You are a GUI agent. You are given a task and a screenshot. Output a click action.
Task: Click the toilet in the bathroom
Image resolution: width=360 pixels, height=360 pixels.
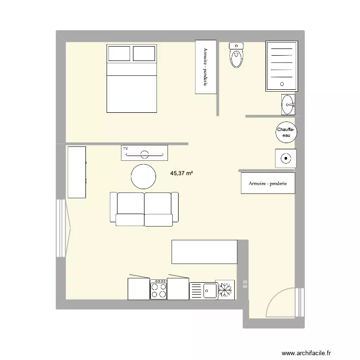[237, 56]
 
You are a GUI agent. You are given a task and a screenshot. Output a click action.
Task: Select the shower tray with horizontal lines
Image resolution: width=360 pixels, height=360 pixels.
[282, 66]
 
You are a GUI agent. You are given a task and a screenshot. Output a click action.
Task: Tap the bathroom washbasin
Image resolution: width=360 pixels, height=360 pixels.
[288, 105]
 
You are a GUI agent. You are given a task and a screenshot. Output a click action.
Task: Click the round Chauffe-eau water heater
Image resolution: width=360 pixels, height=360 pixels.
[286, 132]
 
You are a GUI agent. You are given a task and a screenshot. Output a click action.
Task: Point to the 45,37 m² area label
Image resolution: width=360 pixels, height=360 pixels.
[181, 175]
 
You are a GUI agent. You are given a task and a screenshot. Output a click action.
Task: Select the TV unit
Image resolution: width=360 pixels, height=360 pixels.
[144, 152]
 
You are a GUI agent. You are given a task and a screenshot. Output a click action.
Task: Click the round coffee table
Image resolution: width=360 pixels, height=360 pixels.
[144, 177]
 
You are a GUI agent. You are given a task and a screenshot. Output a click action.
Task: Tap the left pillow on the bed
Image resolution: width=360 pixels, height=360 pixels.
[119, 53]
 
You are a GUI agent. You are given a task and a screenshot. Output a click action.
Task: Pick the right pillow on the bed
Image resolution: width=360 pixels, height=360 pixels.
[144, 53]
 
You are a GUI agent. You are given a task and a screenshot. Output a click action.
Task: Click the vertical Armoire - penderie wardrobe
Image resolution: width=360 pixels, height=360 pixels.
[205, 67]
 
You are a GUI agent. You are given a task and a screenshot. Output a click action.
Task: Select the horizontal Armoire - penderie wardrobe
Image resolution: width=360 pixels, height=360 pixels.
[267, 183]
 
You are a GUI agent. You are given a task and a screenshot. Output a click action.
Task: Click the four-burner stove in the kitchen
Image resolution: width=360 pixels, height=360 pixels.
[158, 290]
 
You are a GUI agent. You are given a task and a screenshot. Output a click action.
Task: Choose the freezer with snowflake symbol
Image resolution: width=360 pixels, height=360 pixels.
[225, 289]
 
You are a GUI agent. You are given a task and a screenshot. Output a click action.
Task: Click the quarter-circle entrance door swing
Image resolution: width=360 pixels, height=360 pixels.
[281, 302]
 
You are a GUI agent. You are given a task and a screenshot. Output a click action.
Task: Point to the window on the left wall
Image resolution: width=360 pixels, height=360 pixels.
[60, 228]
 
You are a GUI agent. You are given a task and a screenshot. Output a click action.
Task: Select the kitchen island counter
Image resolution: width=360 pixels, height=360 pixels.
[204, 252]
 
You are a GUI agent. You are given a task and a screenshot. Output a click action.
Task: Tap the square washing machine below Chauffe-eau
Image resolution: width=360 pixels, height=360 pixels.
[285, 157]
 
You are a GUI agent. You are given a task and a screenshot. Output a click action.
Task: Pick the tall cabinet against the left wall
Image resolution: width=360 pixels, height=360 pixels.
[77, 172]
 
